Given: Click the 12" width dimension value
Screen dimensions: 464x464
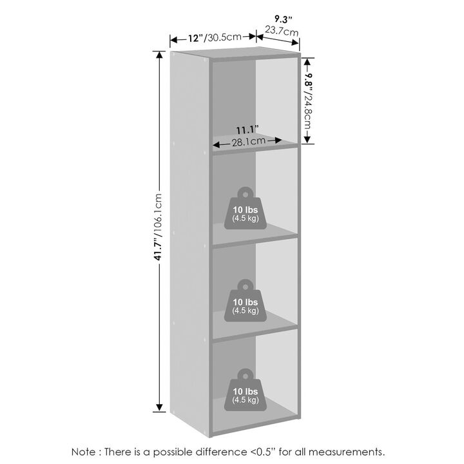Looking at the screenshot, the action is point(196,38).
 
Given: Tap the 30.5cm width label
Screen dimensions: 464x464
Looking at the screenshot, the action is point(224,37).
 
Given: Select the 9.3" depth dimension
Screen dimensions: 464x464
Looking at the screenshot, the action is point(283,19).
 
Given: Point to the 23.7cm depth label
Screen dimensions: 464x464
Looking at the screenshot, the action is point(282,30).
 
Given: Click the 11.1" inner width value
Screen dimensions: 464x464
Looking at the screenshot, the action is point(247,130).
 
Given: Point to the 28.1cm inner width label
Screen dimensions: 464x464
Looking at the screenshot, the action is point(249,142).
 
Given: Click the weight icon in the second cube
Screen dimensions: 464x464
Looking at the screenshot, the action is point(246,208).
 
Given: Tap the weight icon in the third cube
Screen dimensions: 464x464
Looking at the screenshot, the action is point(246,300).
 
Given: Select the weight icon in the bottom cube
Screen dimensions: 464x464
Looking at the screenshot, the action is point(246,390).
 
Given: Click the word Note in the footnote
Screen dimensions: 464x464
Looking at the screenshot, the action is point(83,452).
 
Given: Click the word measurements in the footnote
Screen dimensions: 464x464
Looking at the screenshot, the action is point(347,452).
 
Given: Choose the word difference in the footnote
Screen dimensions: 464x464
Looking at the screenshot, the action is point(218,452).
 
